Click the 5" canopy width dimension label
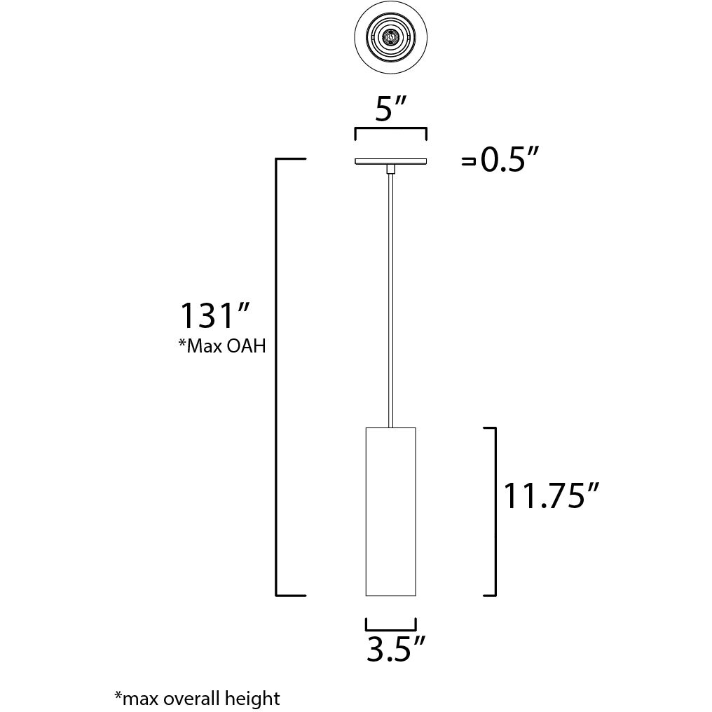391,109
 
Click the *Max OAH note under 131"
222,345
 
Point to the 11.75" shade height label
552,496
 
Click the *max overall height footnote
197,698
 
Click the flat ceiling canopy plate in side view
391,162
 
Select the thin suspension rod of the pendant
391,294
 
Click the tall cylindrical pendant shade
391,512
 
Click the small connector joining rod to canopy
391,168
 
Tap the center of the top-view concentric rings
391,35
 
